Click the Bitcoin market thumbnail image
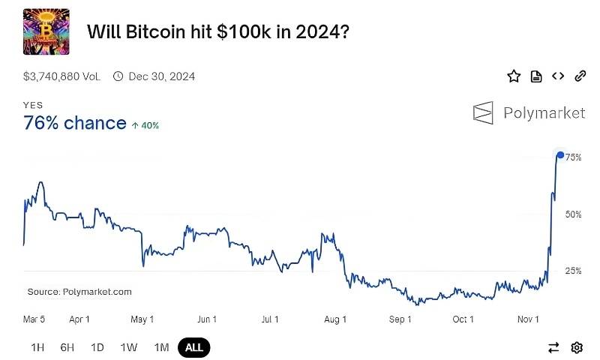coord(46,31)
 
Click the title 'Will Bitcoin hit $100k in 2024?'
coord(217,32)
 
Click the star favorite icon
coord(514,76)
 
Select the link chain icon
coord(580,76)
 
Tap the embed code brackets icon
coord(557,76)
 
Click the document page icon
coord(535,76)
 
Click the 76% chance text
coord(75,123)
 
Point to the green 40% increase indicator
coord(145,125)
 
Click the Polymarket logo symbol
coord(483,112)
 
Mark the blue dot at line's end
coord(560,155)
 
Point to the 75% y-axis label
coord(574,157)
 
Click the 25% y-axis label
coord(574,271)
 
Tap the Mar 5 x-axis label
coord(34,319)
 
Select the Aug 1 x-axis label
coord(335,319)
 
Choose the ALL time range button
coord(193,347)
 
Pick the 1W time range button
coord(129,347)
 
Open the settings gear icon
coord(577,347)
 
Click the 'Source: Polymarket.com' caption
coord(79,292)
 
